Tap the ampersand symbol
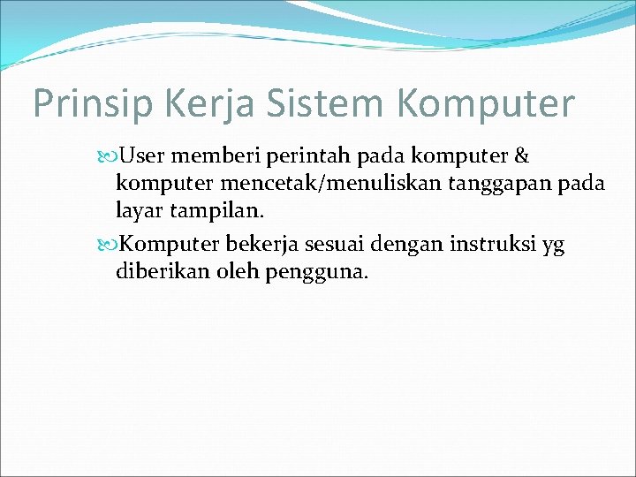click(521, 157)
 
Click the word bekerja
click(264, 244)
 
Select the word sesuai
click(340, 244)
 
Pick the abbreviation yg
click(553, 246)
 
